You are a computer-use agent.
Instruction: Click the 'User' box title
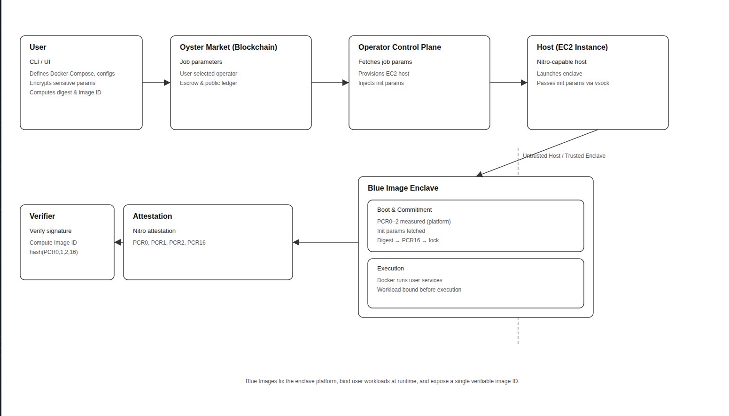tap(38, 47)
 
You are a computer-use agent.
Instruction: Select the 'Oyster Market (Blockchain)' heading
tap(228, 47)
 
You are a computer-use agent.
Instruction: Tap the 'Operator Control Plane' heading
tap(399, 47)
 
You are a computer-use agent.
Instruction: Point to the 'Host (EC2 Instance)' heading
tap(572, 47)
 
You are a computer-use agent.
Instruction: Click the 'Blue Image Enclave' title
tap(403, 188)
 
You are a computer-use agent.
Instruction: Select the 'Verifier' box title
tap(42, 216)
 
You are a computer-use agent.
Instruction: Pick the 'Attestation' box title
tap(152, 216)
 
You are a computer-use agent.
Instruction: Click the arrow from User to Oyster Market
tap(156, 83)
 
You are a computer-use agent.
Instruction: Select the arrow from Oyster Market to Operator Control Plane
tap(330, 83)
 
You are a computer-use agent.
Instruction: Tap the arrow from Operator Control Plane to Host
tap(508, 83)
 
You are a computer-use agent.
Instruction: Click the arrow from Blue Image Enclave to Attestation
tap(325, 242)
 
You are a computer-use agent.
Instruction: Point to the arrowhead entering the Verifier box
tap(117, 242)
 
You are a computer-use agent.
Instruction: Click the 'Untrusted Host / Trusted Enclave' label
tap(564, 156)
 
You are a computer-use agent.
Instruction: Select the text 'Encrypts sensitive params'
tap(62, 83)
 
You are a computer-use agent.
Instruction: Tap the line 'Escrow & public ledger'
tap(208, 83)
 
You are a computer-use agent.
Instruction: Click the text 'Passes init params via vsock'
tap(573, 83)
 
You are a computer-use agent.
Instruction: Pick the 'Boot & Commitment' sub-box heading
tap(404, 210)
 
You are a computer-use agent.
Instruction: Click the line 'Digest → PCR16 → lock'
tap(408, 240)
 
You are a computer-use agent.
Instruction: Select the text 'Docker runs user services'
tap(409, 280)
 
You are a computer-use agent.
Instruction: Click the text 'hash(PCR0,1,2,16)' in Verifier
tap(54, 252)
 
